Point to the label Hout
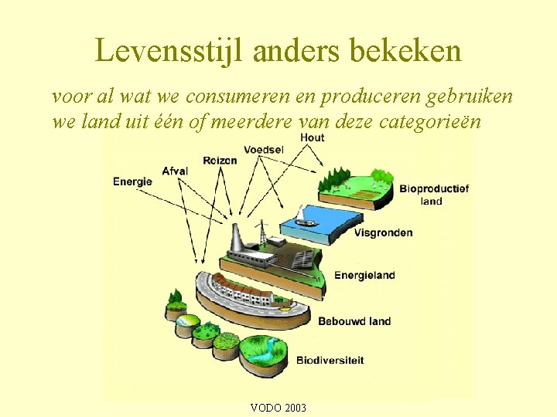coord(313,137)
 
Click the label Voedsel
coord(265,148)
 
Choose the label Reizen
coord(220,160)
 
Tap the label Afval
coord(175,171)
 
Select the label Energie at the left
coord(132,181)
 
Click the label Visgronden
coord(384,232)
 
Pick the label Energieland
coord(364,275)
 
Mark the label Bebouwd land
coord(354,321)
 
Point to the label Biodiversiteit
coord(330,360)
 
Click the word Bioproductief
coord(434,189)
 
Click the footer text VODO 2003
coord(278,408)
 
